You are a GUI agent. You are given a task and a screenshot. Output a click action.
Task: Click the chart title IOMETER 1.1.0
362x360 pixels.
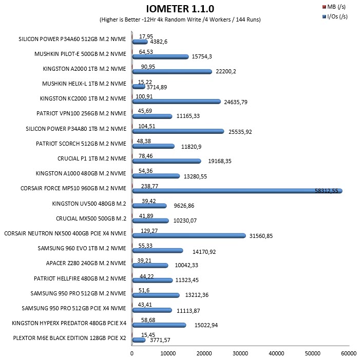[180, 9]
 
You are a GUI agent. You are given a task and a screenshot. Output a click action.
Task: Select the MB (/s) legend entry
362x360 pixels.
[334, 7]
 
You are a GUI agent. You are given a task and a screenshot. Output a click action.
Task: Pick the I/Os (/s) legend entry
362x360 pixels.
[335, 16]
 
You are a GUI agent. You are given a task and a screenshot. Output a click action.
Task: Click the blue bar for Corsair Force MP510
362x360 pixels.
[237, 191]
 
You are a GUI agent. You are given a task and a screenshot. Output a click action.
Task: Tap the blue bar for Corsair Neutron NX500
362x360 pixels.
[189, 236]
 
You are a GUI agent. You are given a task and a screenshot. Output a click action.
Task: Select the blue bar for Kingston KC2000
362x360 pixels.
[177, 102]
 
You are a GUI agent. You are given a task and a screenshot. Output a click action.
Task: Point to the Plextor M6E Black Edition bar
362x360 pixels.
[139, 340]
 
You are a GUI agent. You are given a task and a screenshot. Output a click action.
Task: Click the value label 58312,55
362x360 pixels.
[327, 191]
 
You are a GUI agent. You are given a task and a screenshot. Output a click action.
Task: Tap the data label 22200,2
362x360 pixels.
[226, 71]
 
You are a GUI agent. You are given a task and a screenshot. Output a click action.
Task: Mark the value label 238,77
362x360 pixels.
[149, 186]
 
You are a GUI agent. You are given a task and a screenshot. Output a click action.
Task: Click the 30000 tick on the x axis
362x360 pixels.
[240, 353]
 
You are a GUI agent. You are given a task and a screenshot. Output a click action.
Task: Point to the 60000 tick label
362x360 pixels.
[349, 353]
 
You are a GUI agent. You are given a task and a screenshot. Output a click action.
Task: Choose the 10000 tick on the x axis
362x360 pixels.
[168, 353]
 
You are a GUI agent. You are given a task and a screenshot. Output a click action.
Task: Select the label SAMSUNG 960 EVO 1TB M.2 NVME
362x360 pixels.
[82, 248]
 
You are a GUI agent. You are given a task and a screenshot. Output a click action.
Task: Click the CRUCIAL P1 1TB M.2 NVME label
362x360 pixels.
[92, 158]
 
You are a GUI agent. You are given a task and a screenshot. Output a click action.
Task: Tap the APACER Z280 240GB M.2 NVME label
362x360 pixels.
[86, 263]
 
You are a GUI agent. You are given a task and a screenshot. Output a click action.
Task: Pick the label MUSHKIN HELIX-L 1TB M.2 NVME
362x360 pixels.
[84, 84]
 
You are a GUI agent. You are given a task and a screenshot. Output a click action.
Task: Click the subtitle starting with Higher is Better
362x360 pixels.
[180, 19]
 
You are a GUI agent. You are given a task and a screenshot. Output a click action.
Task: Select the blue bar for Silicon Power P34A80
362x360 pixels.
[178, 131]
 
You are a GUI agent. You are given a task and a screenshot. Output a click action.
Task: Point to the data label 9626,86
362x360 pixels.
[184, 206]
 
